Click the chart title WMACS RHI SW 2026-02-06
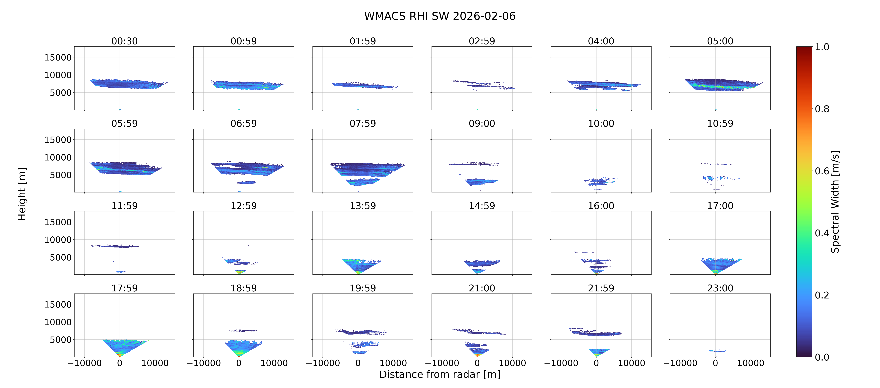pyautogui.click(x=440, y=16)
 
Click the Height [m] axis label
pyautogui.click(x=22, y=194)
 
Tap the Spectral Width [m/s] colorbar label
pyautogui.click(x=835, y=202)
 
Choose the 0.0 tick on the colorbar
pyautogui.click(x=822, y=357)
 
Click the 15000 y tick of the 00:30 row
pyautogui.click(x=58, y=57)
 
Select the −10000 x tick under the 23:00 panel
pyautogui.click(x=680, y=363)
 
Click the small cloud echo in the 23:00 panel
pyautogui.click(x=718, y=351)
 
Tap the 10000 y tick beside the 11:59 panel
pyautogui.click(x=58, y=240)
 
